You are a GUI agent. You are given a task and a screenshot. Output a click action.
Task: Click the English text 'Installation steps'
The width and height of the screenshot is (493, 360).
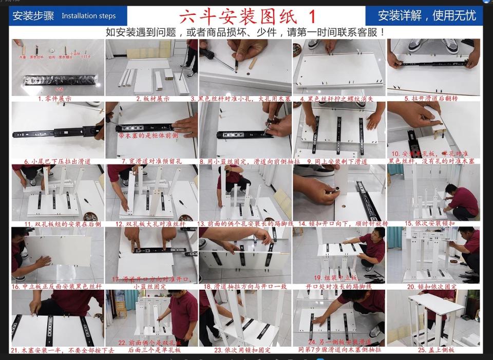(x=89, y=16)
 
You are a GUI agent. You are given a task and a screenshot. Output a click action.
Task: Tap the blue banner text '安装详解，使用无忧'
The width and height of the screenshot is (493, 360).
(x=427, y=15)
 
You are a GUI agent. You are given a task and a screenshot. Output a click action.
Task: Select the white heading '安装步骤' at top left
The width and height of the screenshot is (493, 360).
(x=33, y=16)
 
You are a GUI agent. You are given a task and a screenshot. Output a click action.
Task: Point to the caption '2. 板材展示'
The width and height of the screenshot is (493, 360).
(x=153, y=98)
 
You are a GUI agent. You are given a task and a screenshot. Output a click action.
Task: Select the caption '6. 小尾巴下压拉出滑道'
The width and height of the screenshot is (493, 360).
(x=58, y=161)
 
